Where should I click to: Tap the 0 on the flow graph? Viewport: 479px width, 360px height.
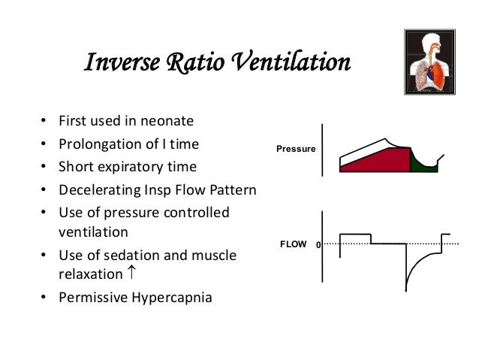(x=318, y=245)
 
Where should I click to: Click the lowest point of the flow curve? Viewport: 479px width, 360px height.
(x=407, y=289)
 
